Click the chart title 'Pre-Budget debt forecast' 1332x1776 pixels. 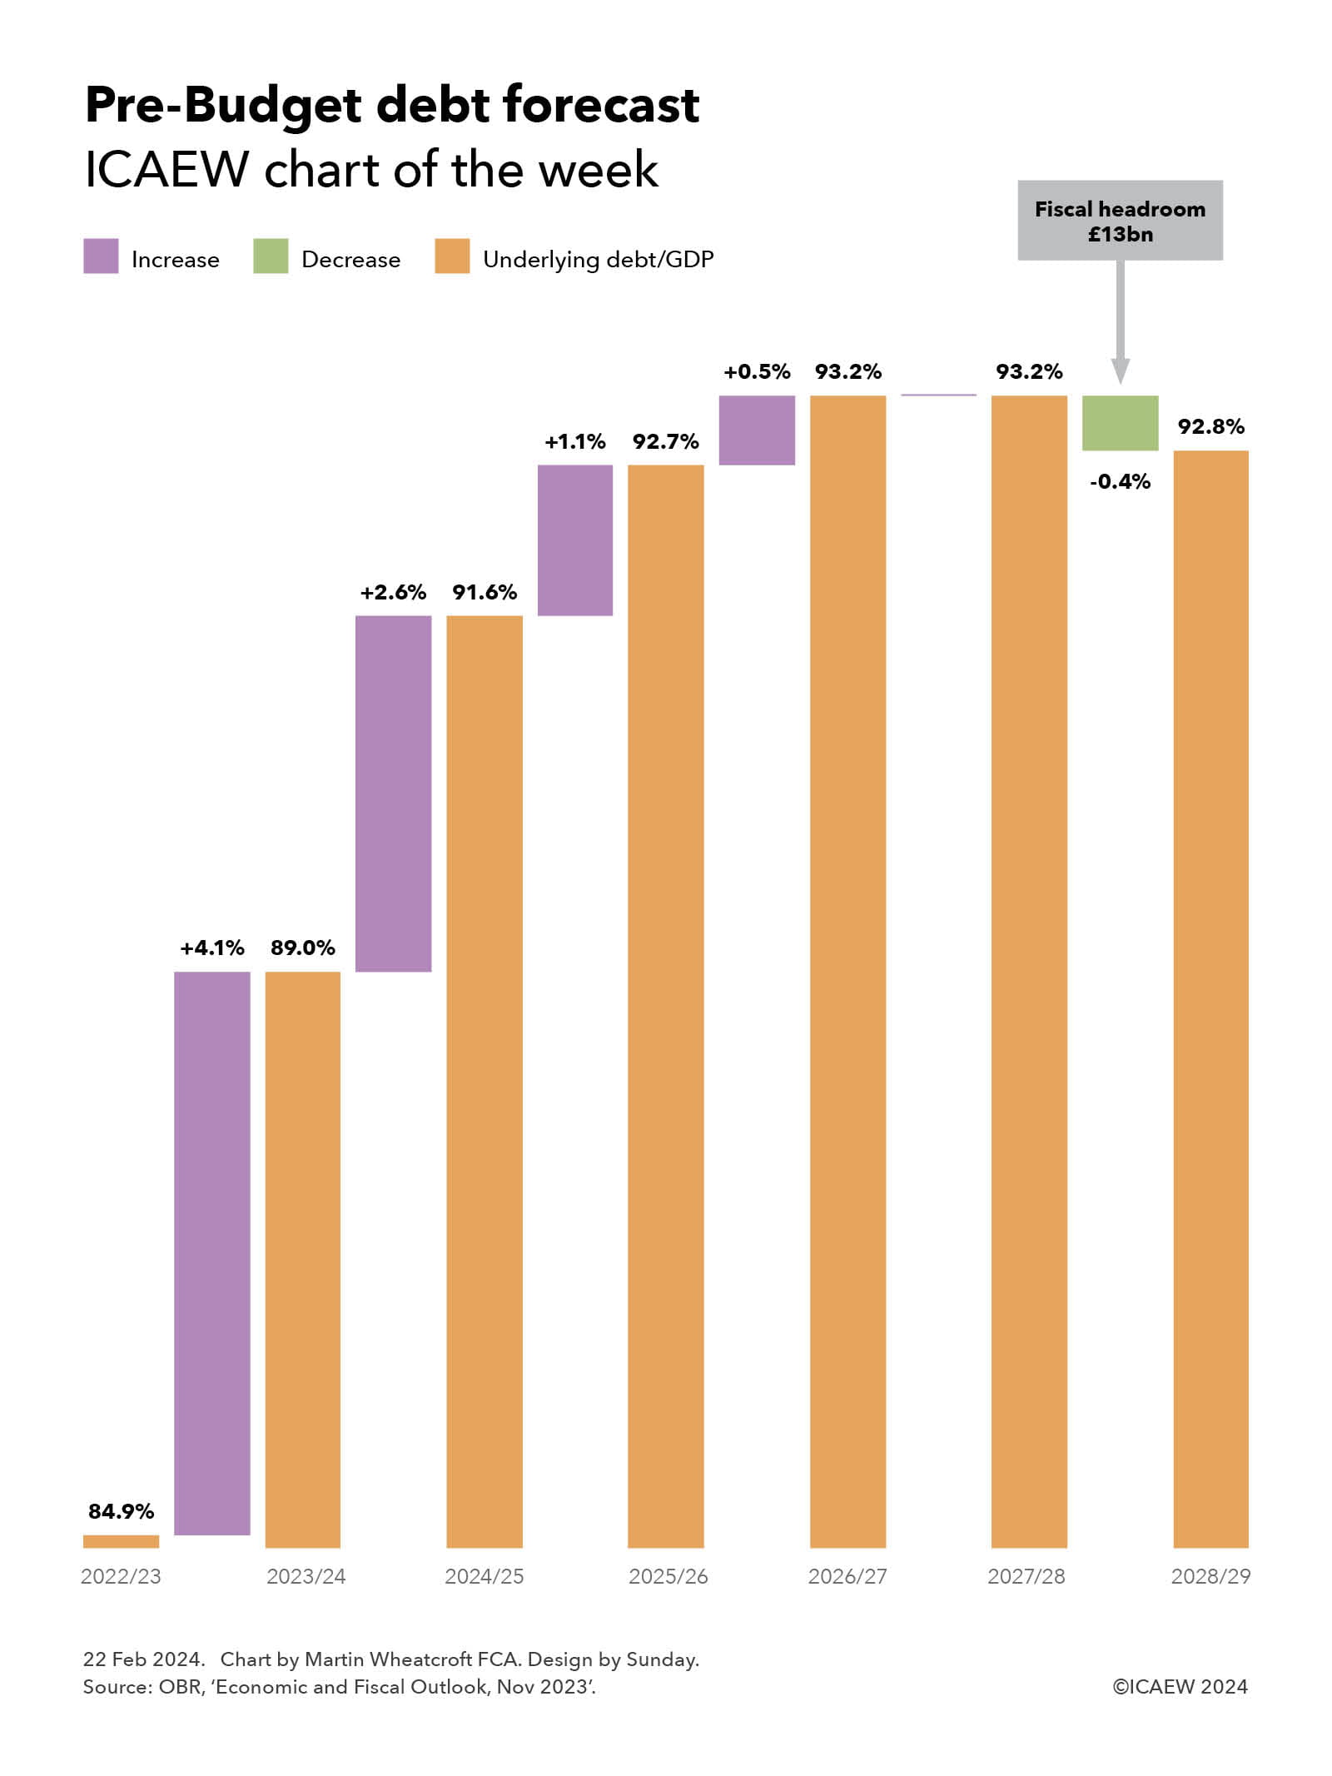point(391,106)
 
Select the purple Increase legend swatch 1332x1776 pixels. point(101,256)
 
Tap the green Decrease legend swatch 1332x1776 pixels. point(271,256)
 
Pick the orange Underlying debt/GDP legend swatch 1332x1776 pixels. point(452,256)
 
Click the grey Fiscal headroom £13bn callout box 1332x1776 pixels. point(1120,221)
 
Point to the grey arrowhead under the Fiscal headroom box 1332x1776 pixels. point(1121,371)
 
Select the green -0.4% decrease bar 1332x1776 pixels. point(1120,423)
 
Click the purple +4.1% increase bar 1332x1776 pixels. point(212,1253)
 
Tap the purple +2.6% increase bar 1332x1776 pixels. point(393,793)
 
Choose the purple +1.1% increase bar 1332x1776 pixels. point(575,540)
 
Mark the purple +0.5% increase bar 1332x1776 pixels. point(757,430)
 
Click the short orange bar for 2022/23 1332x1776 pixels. point(121,1541)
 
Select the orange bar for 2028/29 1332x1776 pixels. point(1210,999)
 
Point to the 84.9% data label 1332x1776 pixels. point(121,1511)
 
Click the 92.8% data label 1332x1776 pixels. point(1210,427)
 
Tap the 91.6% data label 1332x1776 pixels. point(485,592)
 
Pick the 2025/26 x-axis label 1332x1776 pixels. point(668,1576)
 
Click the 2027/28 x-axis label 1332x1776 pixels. point(1026,1576)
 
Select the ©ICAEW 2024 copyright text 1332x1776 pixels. point(1180,1687)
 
